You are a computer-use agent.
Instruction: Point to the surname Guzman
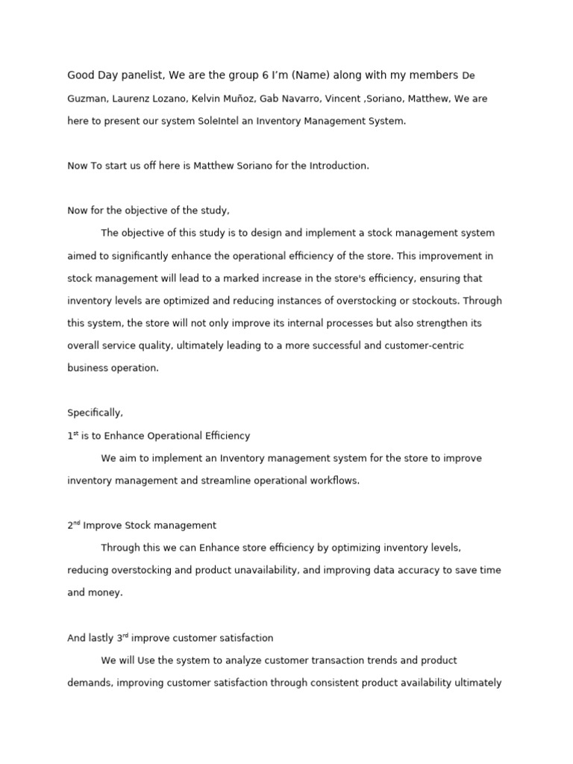point(86,98)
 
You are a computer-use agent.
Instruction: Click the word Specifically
point(95,413)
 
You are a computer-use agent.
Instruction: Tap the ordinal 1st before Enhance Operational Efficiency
point(72,435)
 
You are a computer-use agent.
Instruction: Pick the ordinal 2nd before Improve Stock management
point(73,525)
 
